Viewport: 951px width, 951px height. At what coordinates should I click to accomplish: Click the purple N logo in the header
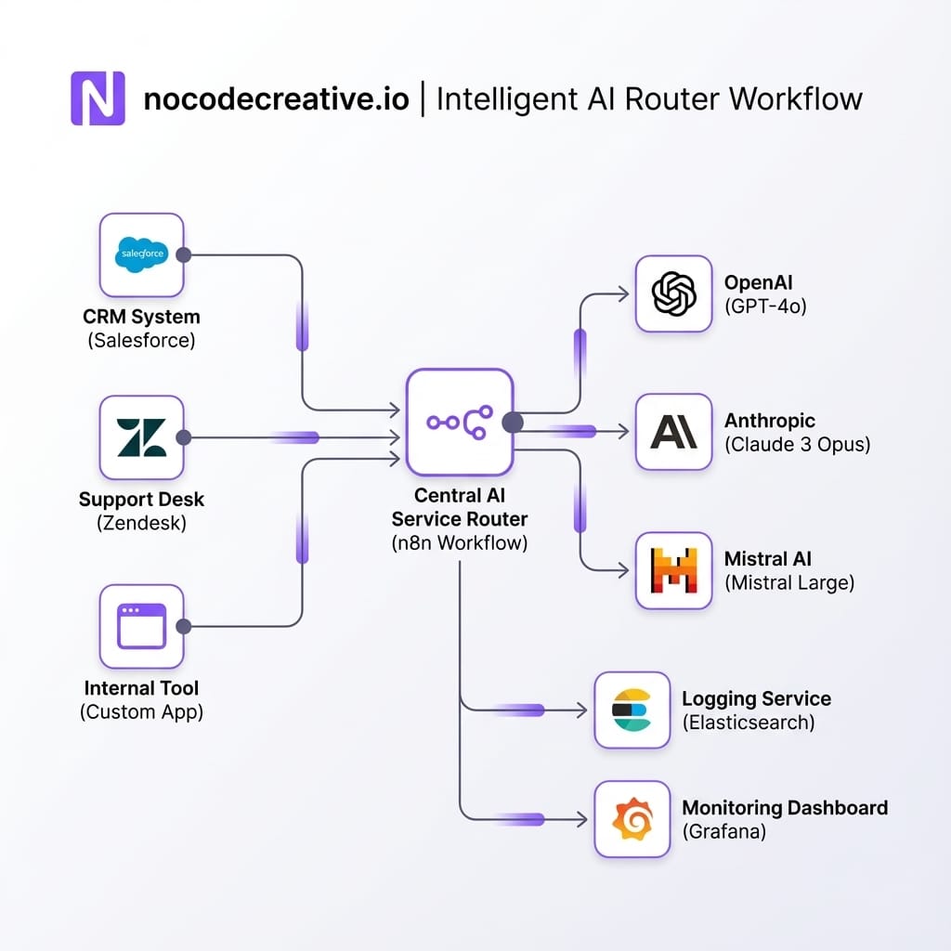pyautogui.click(x=98, y=98)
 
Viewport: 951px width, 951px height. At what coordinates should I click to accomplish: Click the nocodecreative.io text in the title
pyautogui.click(x=276, y=98)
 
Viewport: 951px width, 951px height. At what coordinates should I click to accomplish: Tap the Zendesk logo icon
pyautogui.click(x=141, y=437)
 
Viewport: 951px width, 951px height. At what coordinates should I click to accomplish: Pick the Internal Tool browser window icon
pyautogui.click(x=141, y=626)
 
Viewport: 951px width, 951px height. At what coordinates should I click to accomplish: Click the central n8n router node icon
pyautogui.click(x=459, y=423)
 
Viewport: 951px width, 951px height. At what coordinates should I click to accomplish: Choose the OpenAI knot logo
pyautogui.click(x=674, y=294)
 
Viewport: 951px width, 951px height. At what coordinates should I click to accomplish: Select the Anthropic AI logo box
pyautogui.click(x=674, y=431)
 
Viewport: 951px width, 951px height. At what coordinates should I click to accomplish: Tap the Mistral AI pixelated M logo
pyautogui.click(x=674, y=570)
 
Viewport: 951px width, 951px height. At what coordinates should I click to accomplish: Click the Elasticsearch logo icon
pyautogui.click(x=632, y=710)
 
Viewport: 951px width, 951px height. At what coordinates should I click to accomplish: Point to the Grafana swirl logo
pyautogui.click(x=632, y=819)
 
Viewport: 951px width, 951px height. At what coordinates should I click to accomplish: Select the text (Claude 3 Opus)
pyautogui.click(x=797, y=444)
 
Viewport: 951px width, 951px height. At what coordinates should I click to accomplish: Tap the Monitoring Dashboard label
pyautogui.click(x=785, y=808)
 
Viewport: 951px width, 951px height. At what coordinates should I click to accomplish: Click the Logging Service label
pyautogui.click(x=756, y=698)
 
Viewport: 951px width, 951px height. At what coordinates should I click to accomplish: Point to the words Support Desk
pyautogui.click(x=141, y=500)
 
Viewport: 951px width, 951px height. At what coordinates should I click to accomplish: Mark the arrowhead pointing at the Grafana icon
pyautogui.click(x=581, y=819)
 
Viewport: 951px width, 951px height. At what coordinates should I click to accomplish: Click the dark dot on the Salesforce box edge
pyautogui.click(x=184, y=255)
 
